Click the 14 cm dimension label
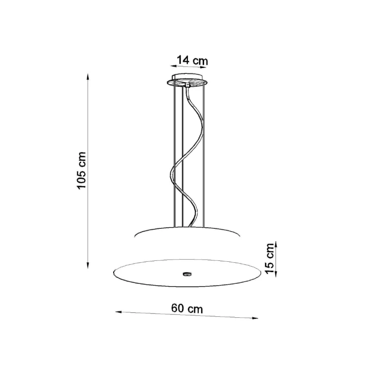pos(192,60)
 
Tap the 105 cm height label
pos(82,170)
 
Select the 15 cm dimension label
pos(270,258)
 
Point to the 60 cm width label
pos(187,308)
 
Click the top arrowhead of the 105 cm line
pos(88,77)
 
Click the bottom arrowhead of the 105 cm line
pos(88,266)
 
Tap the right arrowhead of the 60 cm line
pos(255,318)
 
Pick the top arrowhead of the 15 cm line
pos(276,244)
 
